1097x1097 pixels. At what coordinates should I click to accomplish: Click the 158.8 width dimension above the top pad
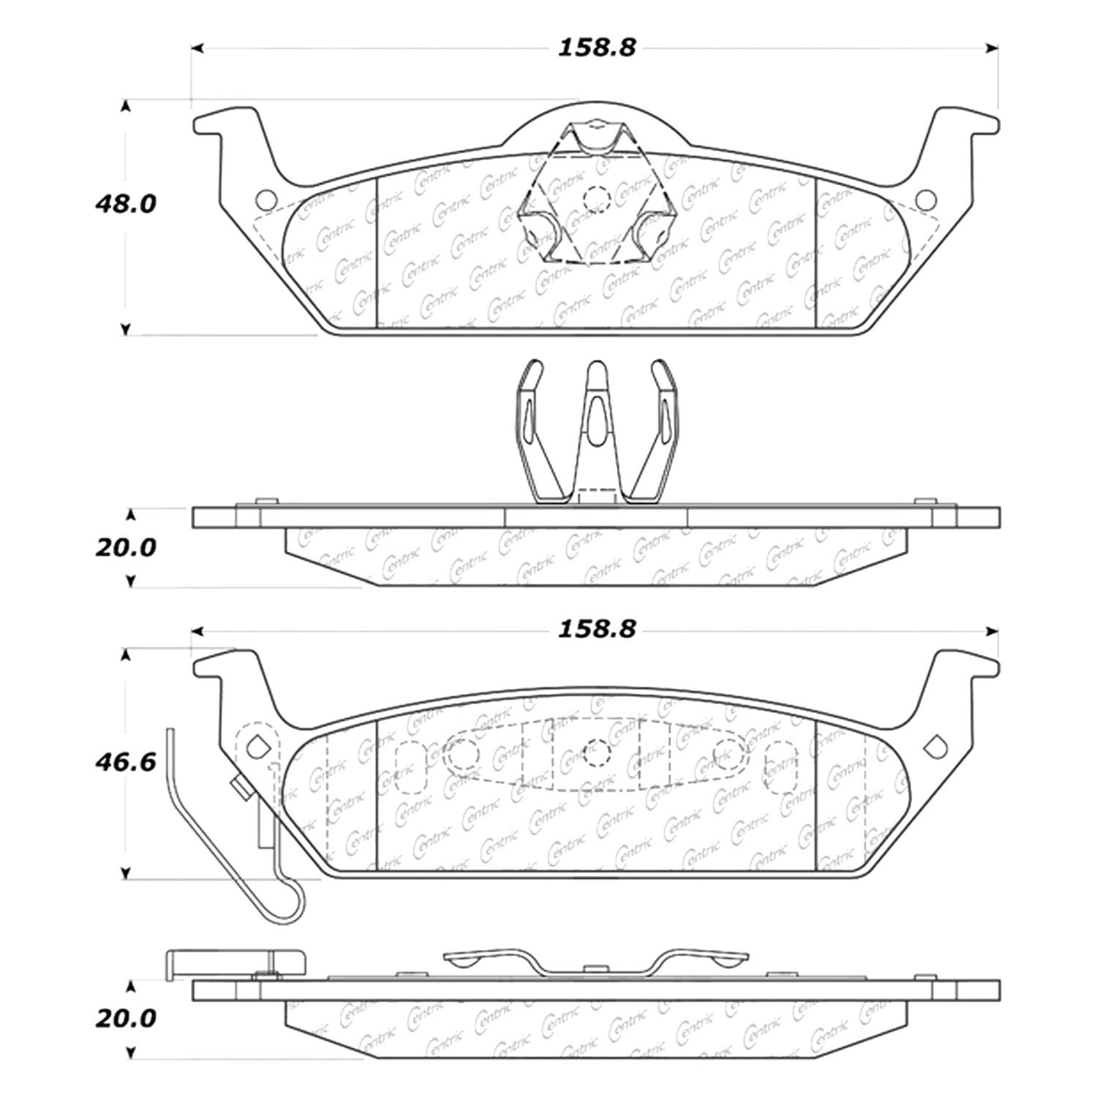pyautogui.click(x=597, y=48)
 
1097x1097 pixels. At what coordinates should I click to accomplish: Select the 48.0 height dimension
pyautogui.click(x=125, y=203)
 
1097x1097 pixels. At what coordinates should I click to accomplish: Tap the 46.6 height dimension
pyautogui.click(x=125, y=764)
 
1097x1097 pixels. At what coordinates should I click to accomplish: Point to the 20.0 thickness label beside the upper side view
pyautogui.click(x=125, y=547)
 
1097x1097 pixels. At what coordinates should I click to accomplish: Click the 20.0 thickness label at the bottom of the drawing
pyautogui.click(x=125, y=1018)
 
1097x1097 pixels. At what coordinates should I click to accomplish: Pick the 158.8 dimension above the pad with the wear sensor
pyautogui.click(x=597, y=629)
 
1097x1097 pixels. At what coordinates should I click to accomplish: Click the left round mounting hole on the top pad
pyautogui.click(x=266, y=199)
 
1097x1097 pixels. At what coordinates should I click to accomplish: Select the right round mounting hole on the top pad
pyautogui.click(x=926, y=199)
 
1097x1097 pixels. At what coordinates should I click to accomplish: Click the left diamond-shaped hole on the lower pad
pyautogui.click(x=257, y=746)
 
